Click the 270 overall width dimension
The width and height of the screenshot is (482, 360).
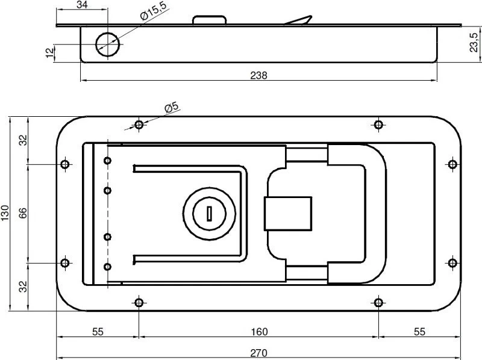pyautogui.click(x=258, y=353)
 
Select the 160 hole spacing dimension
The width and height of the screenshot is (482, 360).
pyautogui.click(x=259, y=332)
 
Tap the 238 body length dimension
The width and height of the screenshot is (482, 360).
pyautogui.click(x=258, y=75)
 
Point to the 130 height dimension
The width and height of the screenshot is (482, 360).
pyautogui.click(x=5, y=213)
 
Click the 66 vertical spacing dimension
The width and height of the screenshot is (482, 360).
pyautogui.click(x=23, y=213)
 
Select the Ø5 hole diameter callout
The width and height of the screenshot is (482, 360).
pyautogui.click(x=171, y=108)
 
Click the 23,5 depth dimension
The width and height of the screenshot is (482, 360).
pyautogui.click(x=474, y=42)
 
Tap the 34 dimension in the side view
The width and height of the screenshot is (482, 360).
pyautogui.click(x=82, y=5)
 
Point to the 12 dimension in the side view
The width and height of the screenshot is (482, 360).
pyautogui.click(x=49, y=52)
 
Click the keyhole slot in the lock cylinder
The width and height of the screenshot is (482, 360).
pyautogui.click(x=209, y=213)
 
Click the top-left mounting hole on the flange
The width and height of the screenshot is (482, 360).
pyautogui.click(x=139, y=125)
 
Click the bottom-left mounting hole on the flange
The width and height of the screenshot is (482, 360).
pyautogui.click(x=139, y=303)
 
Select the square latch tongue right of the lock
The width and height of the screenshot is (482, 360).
pyautogui.click(x=288, y=214)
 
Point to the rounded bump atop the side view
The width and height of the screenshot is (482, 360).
pyautogui.click(x=209, y=20)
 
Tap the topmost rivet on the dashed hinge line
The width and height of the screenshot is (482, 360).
pyautogui.click(x=107, y=160)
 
